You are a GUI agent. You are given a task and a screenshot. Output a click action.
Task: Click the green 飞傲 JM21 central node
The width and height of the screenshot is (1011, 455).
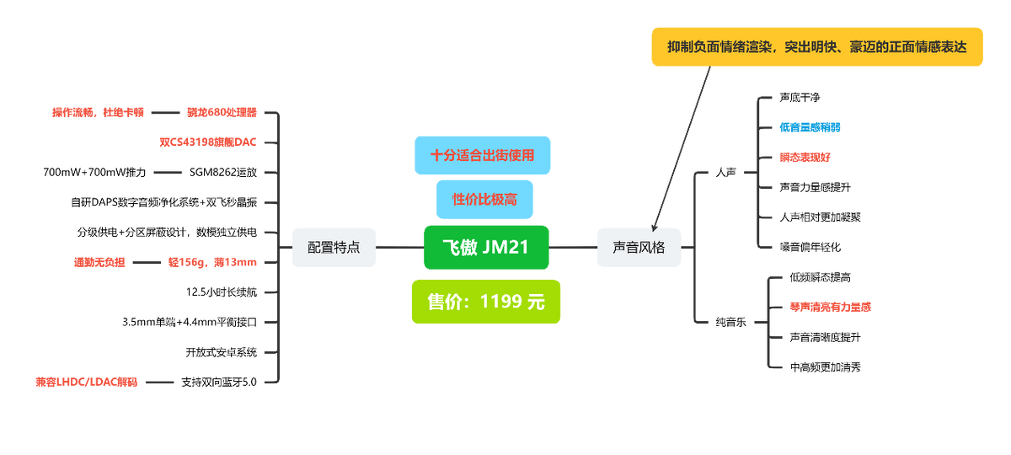tap(486, 247)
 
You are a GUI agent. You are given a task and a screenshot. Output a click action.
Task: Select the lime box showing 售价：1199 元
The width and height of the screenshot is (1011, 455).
tap(486, 301)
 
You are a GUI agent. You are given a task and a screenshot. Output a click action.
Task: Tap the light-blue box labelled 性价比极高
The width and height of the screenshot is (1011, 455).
tap(484, 199)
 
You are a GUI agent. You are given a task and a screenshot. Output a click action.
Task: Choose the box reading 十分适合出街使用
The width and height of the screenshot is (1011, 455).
tap(482, 155)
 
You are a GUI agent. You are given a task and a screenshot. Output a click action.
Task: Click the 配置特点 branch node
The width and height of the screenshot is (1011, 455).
tap(334, 248)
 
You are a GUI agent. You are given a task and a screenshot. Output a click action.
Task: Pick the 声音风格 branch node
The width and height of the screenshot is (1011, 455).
tap(639, 248)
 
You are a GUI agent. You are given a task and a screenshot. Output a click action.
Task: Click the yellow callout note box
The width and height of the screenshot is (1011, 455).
tap(816, 47)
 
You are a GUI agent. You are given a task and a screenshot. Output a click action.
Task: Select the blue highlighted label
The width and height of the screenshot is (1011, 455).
tap(810, 127)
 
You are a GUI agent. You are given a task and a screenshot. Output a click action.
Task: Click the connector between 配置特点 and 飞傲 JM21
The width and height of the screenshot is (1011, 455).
tap(399, 248)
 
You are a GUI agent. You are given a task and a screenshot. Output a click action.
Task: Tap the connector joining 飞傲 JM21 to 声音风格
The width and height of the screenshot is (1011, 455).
tap(573, 248)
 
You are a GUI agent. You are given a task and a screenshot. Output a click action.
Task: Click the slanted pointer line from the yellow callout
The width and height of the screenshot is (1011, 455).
tap(682, 143)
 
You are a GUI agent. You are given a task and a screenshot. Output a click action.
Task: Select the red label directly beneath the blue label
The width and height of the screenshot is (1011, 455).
tap(805, 157)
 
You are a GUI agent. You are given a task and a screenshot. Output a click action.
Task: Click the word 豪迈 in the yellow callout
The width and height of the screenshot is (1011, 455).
tap(864, 47)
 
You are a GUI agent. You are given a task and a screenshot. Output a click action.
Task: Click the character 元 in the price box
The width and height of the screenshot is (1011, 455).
tap(536, 302)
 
